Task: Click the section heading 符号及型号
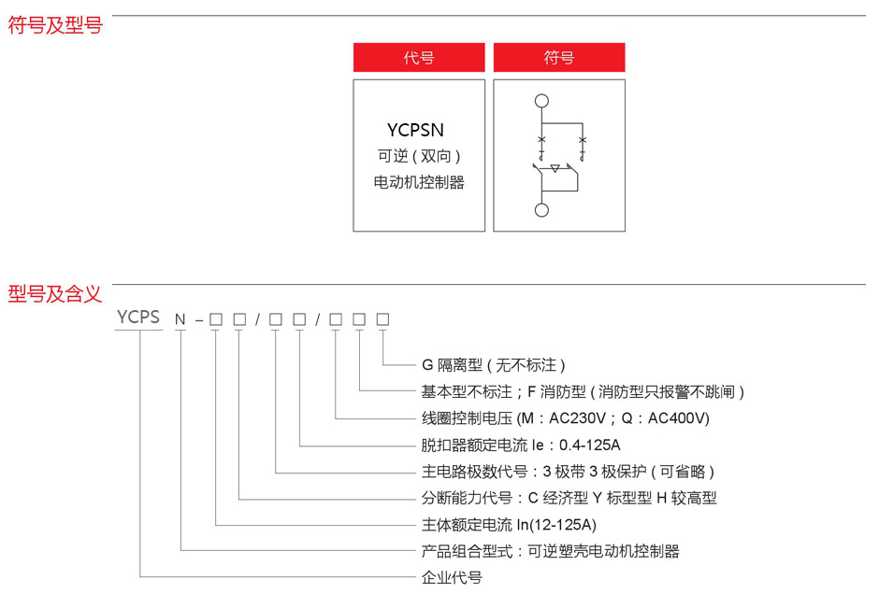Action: [55, 26]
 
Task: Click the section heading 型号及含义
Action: [55, 294]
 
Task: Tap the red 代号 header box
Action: [419, 58]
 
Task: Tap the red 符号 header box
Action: [559, 58]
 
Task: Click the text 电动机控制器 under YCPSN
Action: [419, 182]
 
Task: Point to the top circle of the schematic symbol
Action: [541, 101]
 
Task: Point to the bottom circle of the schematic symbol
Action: [541, 210]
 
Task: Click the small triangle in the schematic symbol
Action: [555, 169]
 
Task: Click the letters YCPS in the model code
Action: [139, 318]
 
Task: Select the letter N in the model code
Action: [180, 319]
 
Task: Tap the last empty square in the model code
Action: [382, 319]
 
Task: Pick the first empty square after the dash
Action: [215, 319]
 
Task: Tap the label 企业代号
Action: [452, 577]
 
